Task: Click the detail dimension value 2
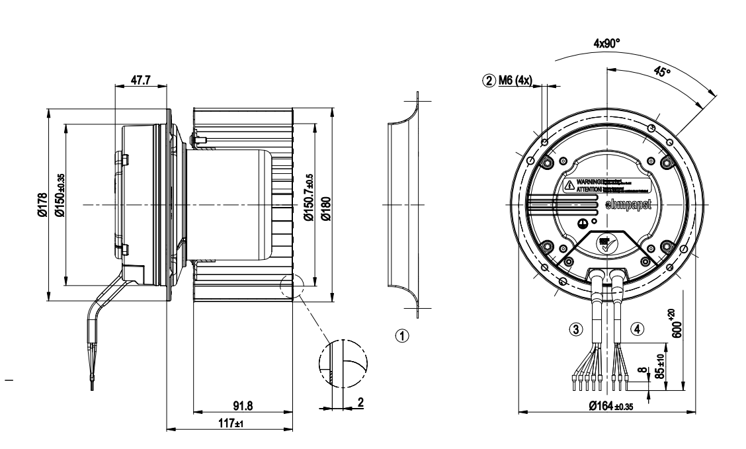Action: (x=360, y=401)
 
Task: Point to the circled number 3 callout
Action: (x=577, y=328)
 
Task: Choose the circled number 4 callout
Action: (x=637, y=328)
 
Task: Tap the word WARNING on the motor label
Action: (x=589, y=180)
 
